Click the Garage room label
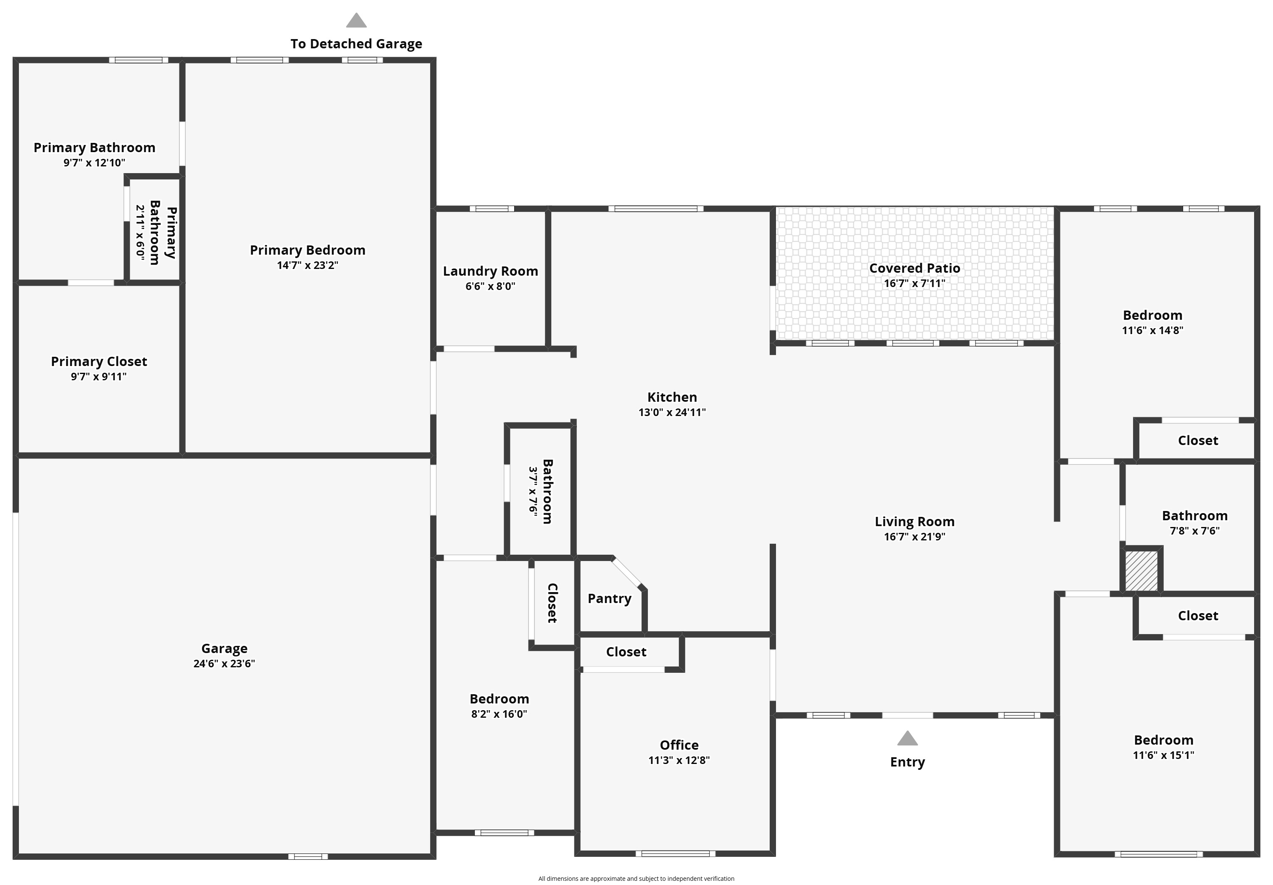[x=224, y=648]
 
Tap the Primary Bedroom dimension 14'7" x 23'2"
[x=308, y=265]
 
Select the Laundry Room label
[x=491, y=271]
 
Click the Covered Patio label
[x=915, y=269]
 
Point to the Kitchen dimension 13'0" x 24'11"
[x=672, y=412]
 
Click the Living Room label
[x=915, y=522]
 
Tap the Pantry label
[x=609, y=598]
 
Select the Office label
[x=679, y=745]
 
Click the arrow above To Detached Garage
[x=357, y=21]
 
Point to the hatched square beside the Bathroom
[x=1141, y=571]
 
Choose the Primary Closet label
[x=99, y=361]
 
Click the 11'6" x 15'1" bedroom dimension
[x=1164, y=755]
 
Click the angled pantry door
[x=627, y=572]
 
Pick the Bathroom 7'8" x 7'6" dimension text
[x=1195, y=531]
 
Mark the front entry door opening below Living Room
[x=907, y=715]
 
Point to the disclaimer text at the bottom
[x=636, y=878]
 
